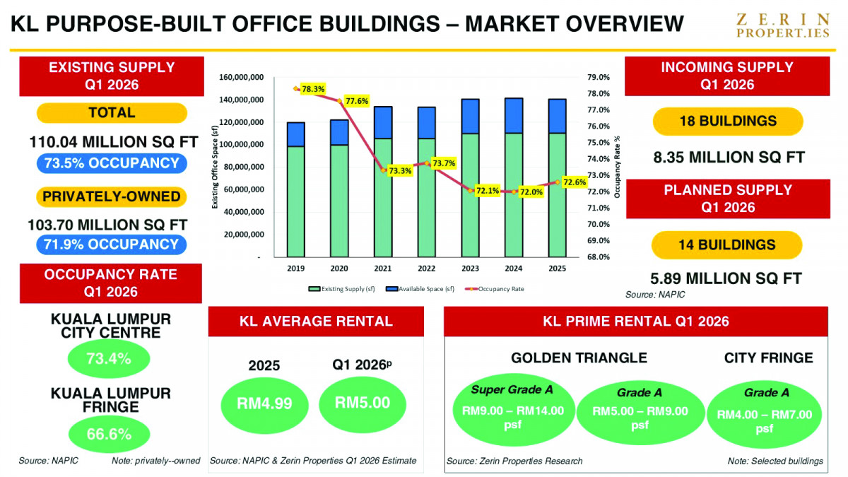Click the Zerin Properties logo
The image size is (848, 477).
tap(783, 25)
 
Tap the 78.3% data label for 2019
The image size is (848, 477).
tap(313, 89)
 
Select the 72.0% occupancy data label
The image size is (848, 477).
tap(531, 192)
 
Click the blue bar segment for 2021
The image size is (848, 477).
tap(383, 123)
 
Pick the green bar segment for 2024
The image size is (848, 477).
tap(514, 195)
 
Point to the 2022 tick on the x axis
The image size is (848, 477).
tap(427, 269)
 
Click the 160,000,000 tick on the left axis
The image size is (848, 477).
tap(241, 77)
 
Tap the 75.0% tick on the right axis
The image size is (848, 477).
tap(599, 143)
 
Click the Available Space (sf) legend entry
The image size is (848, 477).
tap(420, 289)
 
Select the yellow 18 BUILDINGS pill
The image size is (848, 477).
tap(728, 121)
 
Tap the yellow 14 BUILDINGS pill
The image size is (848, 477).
tap(727, 245)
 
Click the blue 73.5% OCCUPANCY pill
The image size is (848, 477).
tap(112, 163)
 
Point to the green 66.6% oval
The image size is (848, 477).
tap(109, 434)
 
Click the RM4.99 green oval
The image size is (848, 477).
tap(264, 404)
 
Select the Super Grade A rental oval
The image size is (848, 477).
tap(513, 409)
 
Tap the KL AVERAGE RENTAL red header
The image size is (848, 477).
tap(316, 322)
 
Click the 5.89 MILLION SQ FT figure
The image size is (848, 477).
tap(726, 278)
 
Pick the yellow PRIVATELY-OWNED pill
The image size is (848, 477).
tap(112, 197)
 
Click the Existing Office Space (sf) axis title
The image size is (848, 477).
tap(215, 167)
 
